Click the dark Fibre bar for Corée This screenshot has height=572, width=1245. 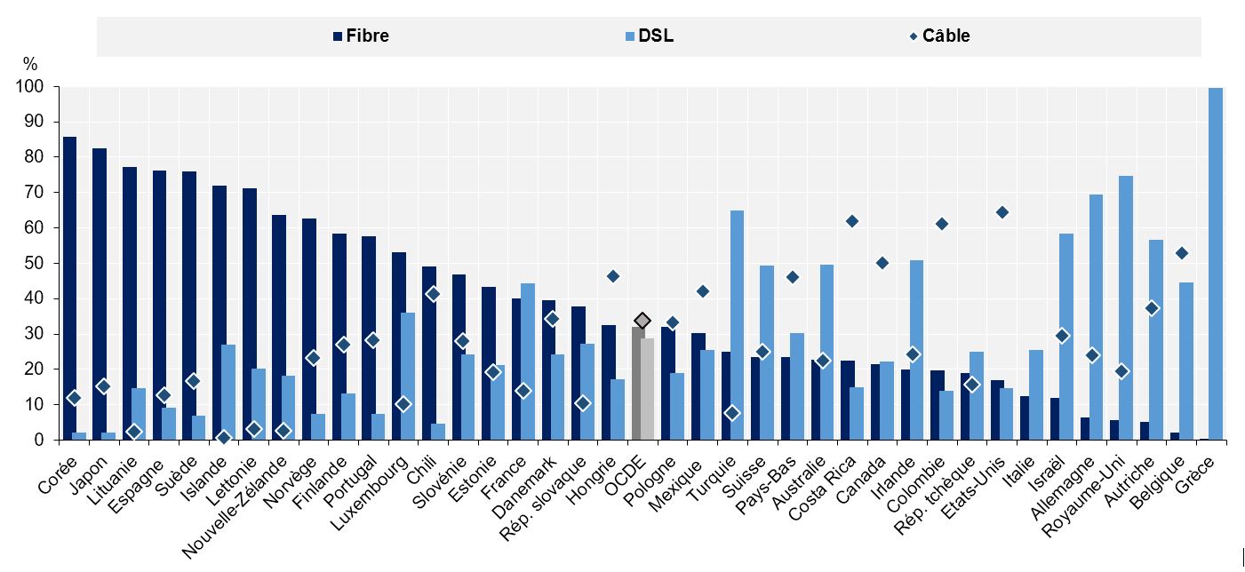click(x=69, y=288)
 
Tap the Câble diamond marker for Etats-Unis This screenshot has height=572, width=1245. click(x=1002, y=212)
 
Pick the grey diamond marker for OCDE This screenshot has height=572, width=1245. click(x=642, y=321)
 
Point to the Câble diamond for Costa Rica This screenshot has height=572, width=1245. click(x=852, y=221)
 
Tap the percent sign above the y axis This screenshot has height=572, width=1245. click(x=30, y=64)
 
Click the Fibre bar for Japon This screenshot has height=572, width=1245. click(x=100, y=294)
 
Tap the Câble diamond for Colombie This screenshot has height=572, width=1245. click(x=942, y=224)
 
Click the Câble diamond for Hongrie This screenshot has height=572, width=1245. click(x=612, y=276)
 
